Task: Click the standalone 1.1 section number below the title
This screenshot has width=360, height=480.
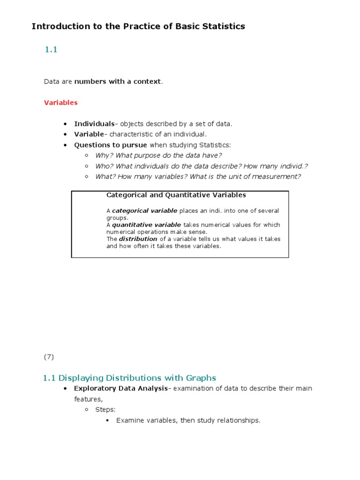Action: click(51, 50)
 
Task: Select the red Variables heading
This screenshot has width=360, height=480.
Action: click(60, 103)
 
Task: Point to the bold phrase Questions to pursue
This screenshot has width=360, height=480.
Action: click(111, 145)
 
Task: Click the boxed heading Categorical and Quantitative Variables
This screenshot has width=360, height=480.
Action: click(176, 195)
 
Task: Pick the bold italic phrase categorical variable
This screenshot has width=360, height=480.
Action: click(144, 211)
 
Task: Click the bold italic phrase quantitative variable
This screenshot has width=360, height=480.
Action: click(146, 225)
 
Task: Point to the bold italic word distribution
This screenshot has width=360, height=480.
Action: click(138, 239)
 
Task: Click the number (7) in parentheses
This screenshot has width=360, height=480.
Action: click(49, 357)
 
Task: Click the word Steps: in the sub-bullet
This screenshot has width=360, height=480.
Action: click(105, 410)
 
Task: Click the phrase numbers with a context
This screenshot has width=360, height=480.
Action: click(118, 82)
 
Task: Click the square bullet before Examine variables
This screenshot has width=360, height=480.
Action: click(107, 420)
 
